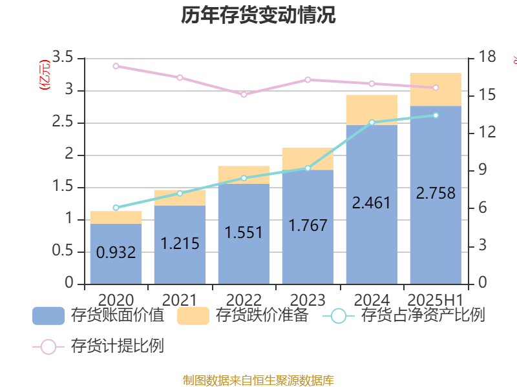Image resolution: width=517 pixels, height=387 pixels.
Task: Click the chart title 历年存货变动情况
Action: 258,15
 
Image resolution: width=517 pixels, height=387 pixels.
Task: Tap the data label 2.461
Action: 372,203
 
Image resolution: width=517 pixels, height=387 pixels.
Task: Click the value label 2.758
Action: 436,193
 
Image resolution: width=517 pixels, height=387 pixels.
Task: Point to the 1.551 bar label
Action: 244,232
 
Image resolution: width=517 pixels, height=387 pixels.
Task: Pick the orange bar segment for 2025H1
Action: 436,89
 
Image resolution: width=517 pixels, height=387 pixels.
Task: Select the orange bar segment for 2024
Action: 372,110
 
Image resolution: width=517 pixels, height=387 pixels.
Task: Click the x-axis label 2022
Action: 244,300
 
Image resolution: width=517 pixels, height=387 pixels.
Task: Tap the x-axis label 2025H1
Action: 436,300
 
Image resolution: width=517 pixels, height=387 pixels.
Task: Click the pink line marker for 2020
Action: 116,66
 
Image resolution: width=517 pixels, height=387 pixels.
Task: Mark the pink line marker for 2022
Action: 244,94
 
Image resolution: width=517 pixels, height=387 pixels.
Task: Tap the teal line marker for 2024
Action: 372,122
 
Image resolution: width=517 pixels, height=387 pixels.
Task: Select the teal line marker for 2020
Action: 116,208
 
